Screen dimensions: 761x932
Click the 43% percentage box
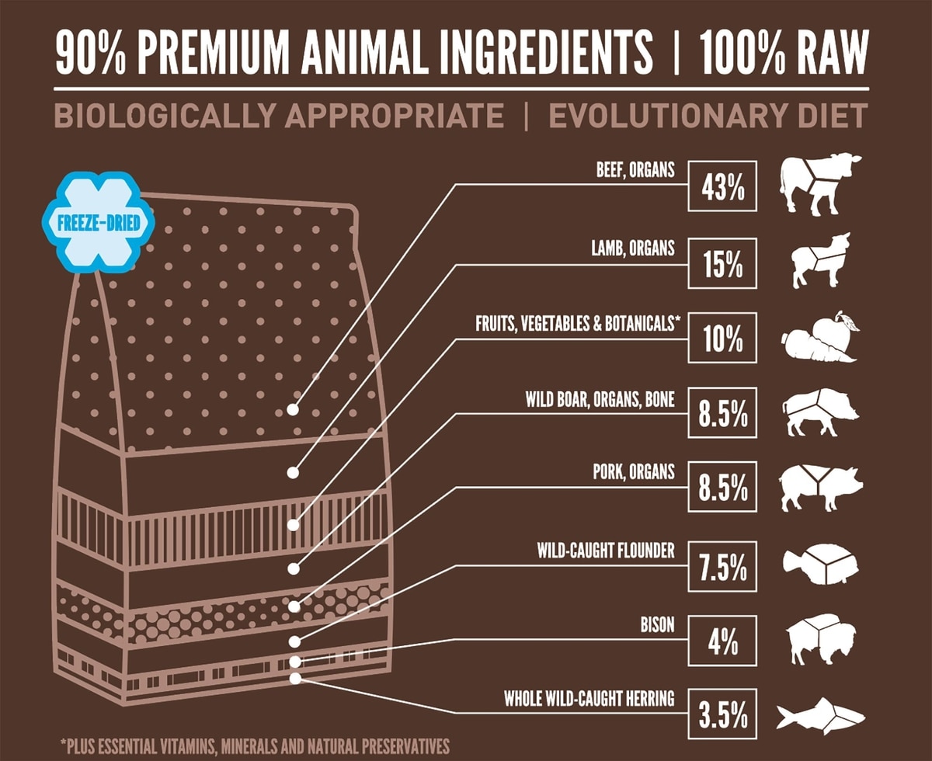click(722, 189)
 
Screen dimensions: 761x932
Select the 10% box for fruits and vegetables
click(722, 339)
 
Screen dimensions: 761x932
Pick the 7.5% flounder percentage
click(722, 567)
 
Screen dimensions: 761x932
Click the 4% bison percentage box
click(722, 642)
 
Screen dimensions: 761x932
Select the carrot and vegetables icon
click(819, 338)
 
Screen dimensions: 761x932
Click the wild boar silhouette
click(820, 412)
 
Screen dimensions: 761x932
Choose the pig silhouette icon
click(820, 488)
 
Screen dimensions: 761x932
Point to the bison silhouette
click(819, 640)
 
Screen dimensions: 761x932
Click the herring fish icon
click(820, 714)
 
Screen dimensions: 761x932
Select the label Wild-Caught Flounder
click(606, 551)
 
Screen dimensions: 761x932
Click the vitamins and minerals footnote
click(255, 745)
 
